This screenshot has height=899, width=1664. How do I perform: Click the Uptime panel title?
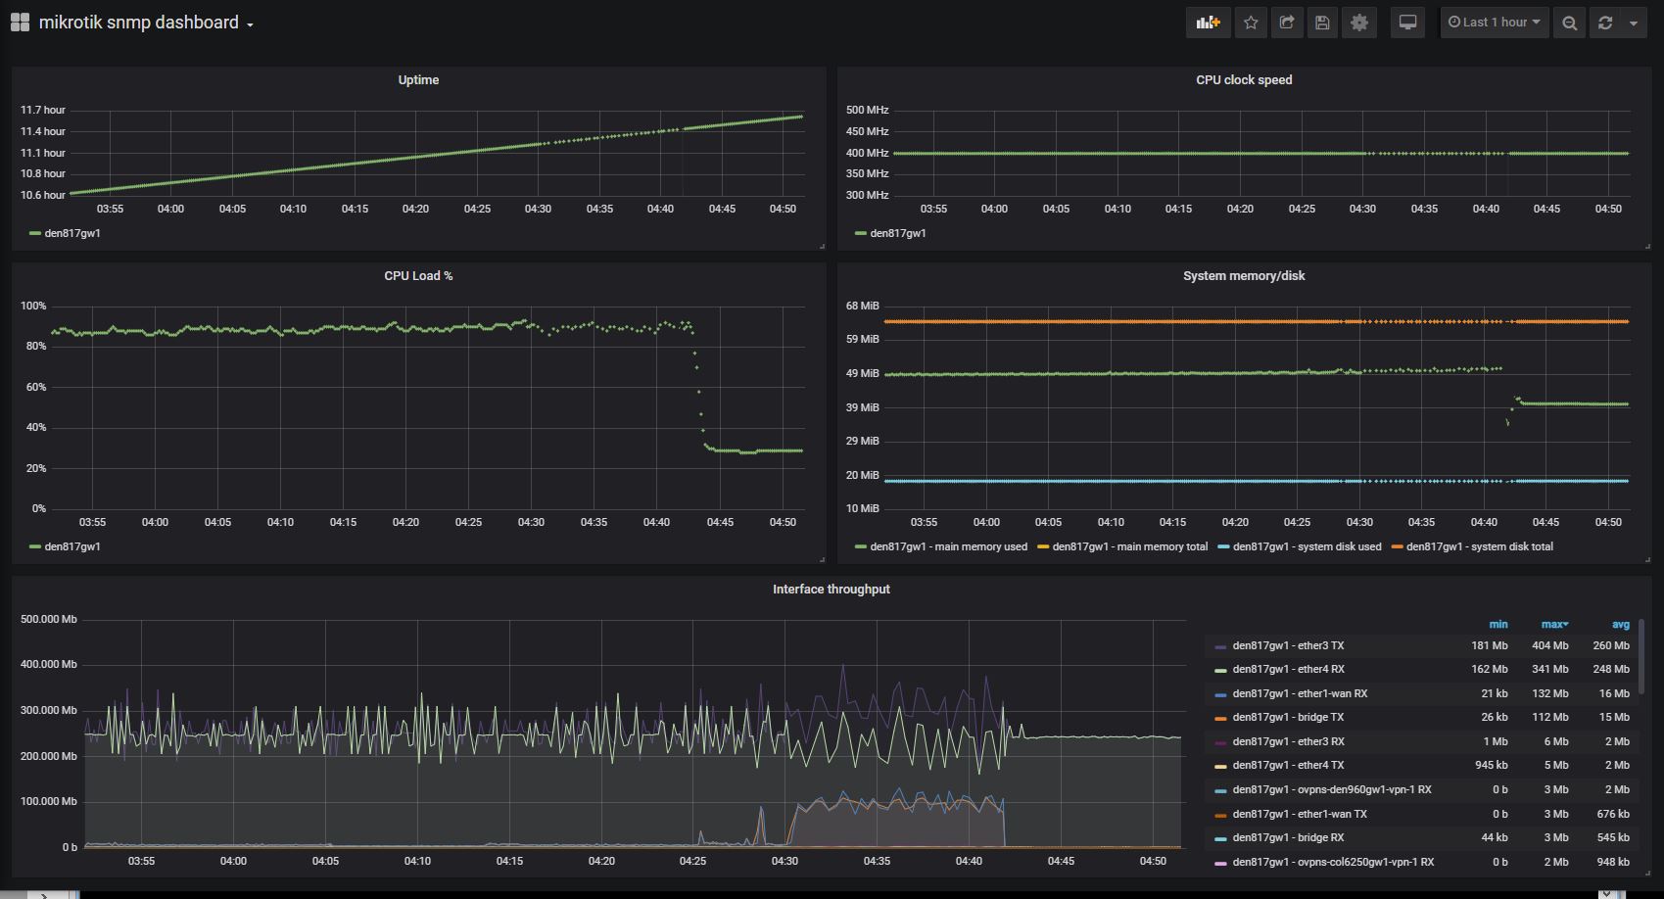point(418,80)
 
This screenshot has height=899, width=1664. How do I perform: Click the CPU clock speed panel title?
point(1244,80)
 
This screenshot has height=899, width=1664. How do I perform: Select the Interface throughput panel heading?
point(831,590)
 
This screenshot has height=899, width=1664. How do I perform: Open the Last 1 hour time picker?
point(1494,23)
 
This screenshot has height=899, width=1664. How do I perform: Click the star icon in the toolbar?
point(1251,23)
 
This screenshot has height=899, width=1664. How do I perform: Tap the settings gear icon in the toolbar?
point(1359,23)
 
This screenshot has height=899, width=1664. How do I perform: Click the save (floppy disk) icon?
point(1322,23)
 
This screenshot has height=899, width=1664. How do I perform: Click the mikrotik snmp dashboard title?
point(138,23)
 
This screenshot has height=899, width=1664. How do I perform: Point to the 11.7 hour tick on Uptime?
point(43,111)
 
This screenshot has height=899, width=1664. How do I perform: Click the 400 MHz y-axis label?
point(867,153)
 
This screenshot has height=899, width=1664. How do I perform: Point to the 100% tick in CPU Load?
point(33,307)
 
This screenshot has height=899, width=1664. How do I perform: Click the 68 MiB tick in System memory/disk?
point(863,307)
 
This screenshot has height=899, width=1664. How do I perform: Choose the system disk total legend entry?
point(1479,547)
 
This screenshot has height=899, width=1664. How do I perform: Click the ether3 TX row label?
point(1288,646)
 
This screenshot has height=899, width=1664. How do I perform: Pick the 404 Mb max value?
point(1549,646)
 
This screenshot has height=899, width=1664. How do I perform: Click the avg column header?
point(1621,625)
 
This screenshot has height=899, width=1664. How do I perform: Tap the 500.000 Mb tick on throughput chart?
point(49,620)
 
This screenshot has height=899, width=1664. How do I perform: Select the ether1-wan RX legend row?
point(1300,694)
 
